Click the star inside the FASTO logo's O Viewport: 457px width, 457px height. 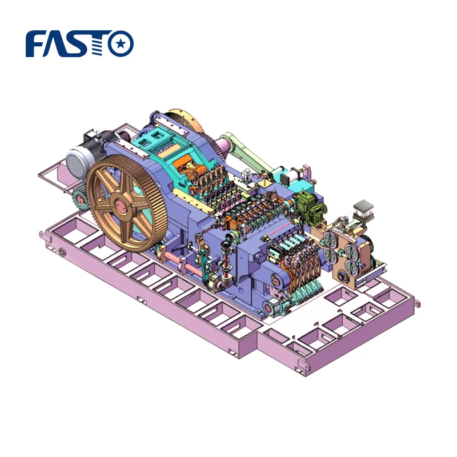pyautogui.click(x=121, y=44)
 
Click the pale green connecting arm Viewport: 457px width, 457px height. pyautogui.click(x=240, y=150)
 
